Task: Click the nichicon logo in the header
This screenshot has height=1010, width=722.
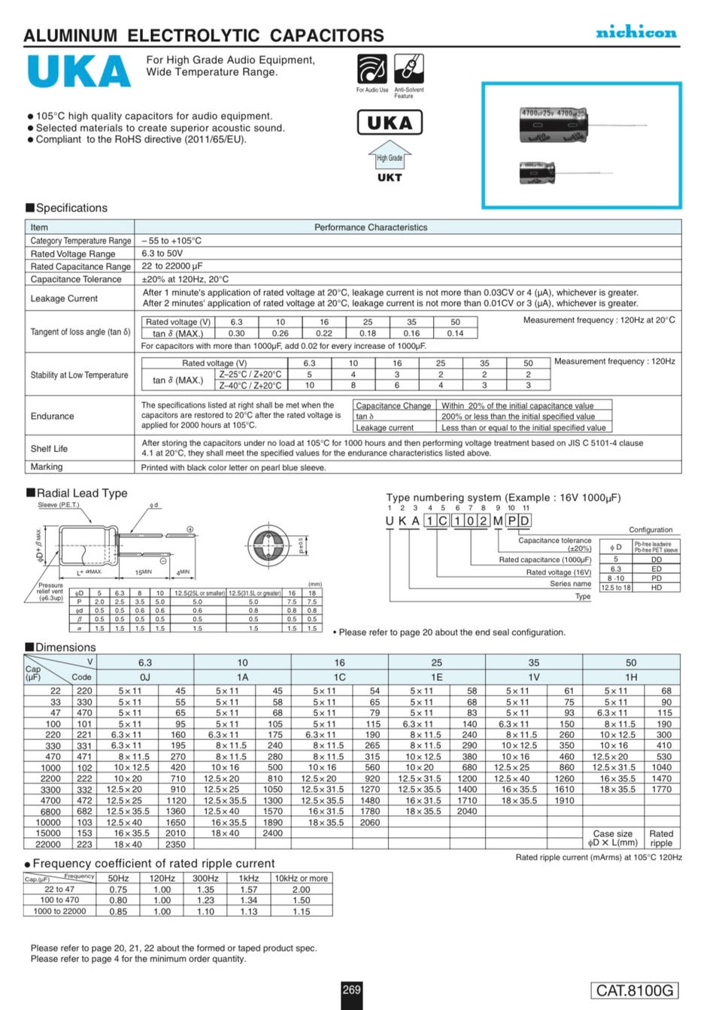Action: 636,32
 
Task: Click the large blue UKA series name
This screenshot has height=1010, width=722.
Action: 79,71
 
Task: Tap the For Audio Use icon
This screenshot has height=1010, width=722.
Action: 372,69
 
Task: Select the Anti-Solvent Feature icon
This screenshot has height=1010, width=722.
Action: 408,69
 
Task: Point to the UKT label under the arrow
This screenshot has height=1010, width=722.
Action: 390,178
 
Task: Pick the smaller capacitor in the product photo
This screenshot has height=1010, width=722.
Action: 537,172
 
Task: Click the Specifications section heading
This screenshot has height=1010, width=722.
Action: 71,208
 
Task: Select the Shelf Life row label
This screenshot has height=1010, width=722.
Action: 49,449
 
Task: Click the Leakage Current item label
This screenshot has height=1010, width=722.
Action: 64,299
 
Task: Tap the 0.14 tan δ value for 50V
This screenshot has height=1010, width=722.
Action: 455,333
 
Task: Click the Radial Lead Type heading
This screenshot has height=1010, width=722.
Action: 82,493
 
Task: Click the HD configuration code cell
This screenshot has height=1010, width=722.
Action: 657,587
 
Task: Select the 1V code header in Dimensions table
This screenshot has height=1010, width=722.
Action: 533,677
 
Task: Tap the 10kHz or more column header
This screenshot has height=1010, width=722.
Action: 301,878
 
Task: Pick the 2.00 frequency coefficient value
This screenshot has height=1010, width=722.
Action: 301,890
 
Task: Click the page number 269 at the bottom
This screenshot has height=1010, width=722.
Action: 352,990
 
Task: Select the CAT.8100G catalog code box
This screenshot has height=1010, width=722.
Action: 635,990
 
